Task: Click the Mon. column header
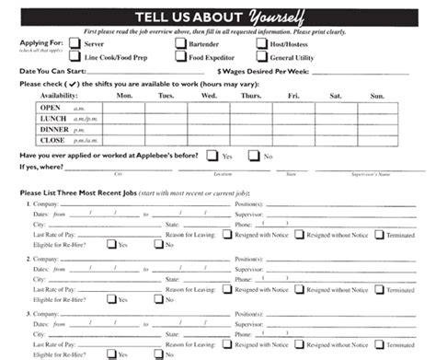pyautogui.click(x=125, y=95)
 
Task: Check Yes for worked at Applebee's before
pyautogui.click(x=212, y=157)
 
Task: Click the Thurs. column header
pyautogui.click(x=250, y=95)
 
